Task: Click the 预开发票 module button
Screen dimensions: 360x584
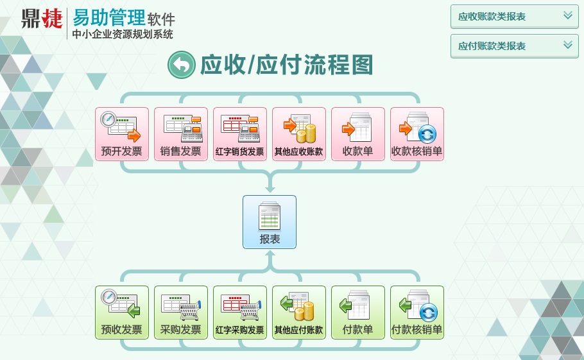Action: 122,133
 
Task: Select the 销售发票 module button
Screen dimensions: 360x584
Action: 181,133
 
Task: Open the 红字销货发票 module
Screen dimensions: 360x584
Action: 240,133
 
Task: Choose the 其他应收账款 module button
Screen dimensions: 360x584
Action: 299,133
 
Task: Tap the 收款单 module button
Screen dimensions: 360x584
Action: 358,133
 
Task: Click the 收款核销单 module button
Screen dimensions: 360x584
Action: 417,133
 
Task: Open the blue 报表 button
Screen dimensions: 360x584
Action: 270,222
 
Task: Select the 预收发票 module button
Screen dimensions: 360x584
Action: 122,312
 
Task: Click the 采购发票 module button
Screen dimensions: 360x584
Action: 181,312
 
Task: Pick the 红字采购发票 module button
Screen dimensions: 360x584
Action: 240,312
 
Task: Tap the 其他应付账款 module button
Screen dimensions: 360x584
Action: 299,312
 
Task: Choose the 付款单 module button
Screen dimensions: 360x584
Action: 358,312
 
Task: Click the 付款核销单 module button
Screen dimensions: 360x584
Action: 417,312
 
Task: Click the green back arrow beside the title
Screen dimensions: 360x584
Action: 180,65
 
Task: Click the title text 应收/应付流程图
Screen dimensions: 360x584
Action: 286,65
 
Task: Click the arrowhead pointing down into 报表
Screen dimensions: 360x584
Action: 270,189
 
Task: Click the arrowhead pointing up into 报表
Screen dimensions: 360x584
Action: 270,255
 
